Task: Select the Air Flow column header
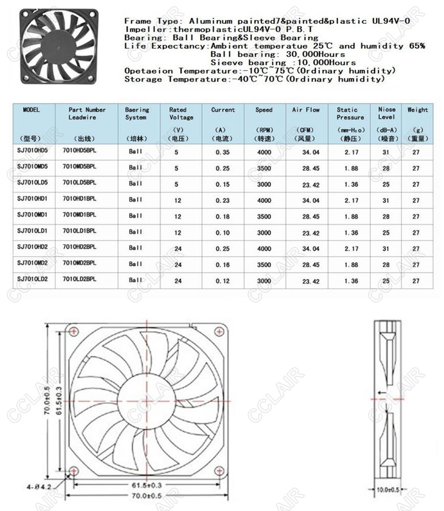coord(306,110)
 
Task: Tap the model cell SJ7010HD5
coord(32,151)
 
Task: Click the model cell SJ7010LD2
coord(32,279)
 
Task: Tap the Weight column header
coord(417,110)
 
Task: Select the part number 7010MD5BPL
coord(79,167)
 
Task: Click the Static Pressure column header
coord(350,113)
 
